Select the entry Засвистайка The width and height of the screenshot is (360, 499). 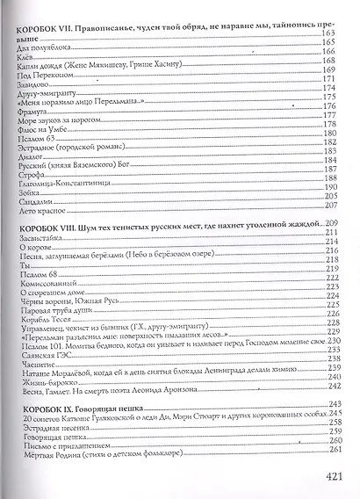[x=40, y=238]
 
